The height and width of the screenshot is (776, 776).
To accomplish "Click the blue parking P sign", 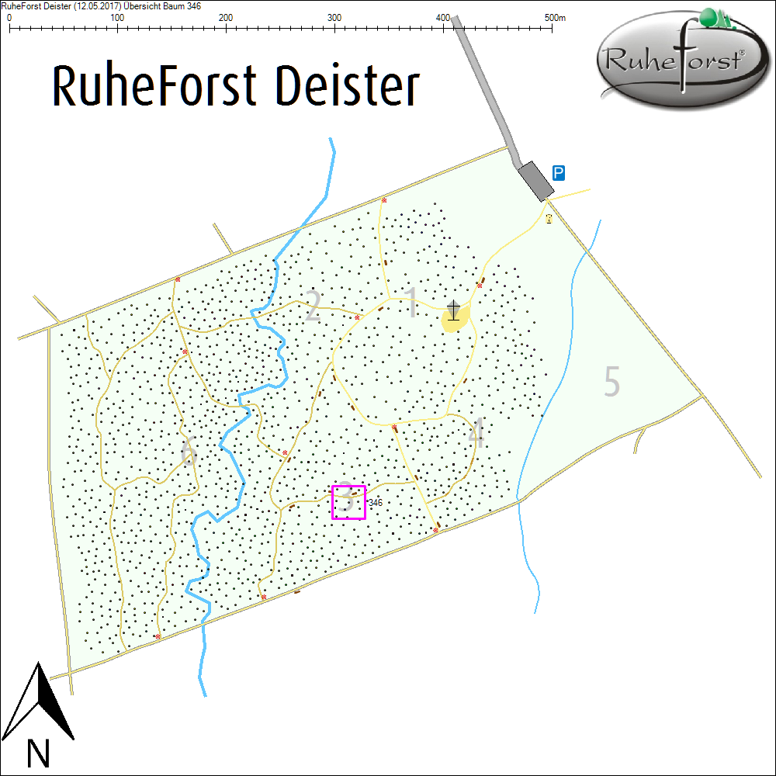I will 558,172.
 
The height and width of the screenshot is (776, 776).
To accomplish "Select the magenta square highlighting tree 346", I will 348,501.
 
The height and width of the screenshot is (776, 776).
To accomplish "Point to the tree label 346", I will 376,503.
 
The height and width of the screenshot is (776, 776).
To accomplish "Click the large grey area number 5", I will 612,382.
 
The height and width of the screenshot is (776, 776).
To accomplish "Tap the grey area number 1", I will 412,303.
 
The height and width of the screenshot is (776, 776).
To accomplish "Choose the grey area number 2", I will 312,307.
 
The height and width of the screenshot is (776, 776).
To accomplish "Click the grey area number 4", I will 476,435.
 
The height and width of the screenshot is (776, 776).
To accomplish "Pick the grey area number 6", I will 187,452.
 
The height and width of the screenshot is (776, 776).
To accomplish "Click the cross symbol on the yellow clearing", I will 453,310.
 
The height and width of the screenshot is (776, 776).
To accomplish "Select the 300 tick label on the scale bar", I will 334,17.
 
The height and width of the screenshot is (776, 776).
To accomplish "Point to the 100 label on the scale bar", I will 117,17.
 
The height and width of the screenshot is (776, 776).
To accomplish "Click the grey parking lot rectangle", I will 535,180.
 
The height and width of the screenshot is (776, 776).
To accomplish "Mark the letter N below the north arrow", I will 38,753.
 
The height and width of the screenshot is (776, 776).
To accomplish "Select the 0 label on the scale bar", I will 9,17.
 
